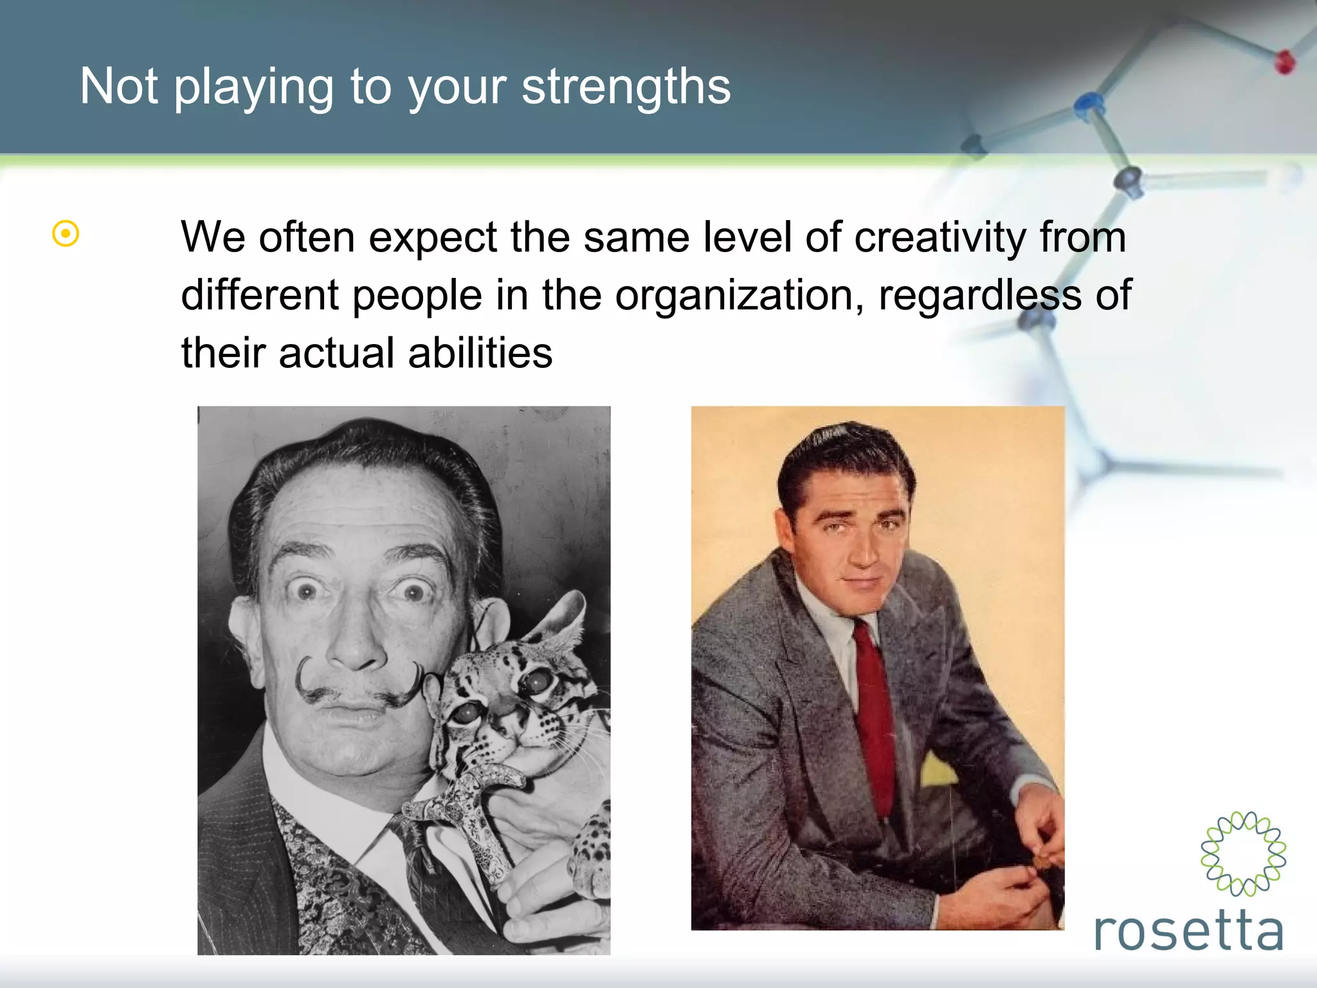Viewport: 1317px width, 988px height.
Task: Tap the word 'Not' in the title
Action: pyautogui.click(x=118, y=87)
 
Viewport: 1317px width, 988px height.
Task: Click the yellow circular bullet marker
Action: pyautogui.click(x=66, y=233)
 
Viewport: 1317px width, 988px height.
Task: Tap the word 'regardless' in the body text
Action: pyautogui.click(x=980, y=296)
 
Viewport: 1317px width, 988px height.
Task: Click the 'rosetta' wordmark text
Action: pyautogui.click(x=1188, y=931)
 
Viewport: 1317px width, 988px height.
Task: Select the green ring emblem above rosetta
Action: pyautogui.click(x=1243, y=854)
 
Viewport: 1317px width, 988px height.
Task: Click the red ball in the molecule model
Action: pyautogui.click(x=1284, y=62)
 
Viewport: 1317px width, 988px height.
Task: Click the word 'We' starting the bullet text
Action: pyautogui.click(x=213, y=238)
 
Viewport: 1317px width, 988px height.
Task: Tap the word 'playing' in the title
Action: pyautogui.click(x=253, y=88)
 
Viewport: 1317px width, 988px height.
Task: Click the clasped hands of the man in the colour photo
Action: pyautogui.click(x=1022, y=855)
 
